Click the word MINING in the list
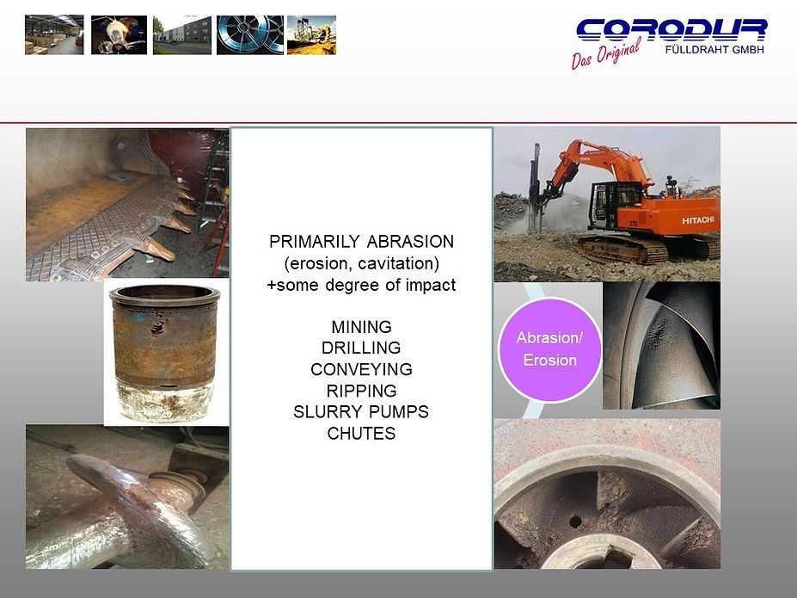[x=361, y=327]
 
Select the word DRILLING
[x=361, y=348]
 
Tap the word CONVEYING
[x=361, y=370]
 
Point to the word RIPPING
[x=361, y=391]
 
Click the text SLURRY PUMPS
[x=361, y=412]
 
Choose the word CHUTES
[x=361, y=434]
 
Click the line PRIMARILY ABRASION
[x=361, y=242]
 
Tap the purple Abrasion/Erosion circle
[x=549, y=349]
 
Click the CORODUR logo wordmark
[x=671, y=30]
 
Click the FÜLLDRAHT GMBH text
[x=714, y=49]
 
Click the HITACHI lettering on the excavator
[x=699, y=221]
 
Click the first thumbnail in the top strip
[x=54, y=34]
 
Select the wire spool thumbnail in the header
[x=249, y=34]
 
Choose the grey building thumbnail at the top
[x=181, y=34]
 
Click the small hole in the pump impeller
[x=573, y=521]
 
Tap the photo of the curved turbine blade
[x=661, y=345]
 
